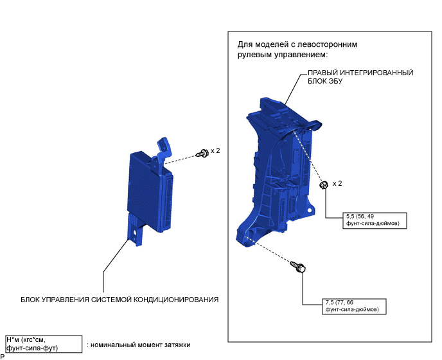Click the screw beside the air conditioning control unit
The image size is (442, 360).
click(204, 153)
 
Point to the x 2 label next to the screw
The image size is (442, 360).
click(215, 151)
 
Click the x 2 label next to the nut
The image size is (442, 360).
click(338, 184)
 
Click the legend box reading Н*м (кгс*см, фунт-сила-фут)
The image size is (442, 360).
click(43, 344)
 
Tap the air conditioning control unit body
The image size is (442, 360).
click(148, 190)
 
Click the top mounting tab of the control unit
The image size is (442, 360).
click(164, 147)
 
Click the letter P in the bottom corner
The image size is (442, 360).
click(3, 356)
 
